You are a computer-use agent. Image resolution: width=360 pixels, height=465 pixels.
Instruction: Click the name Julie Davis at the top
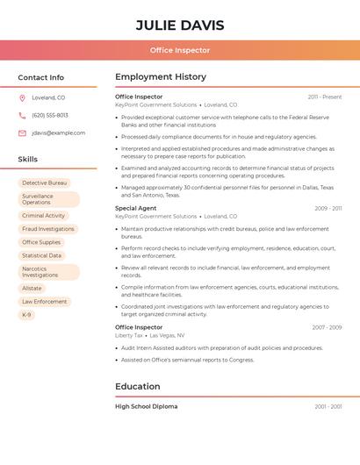tap(180, 25)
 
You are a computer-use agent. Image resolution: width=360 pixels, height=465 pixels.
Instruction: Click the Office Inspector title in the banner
tap(180, 51)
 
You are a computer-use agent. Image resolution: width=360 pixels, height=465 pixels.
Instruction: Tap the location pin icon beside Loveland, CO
tap(22, 97)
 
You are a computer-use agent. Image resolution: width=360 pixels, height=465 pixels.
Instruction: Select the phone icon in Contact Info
tap(22, 115)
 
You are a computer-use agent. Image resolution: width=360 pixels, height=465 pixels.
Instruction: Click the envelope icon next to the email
tap(22, 132)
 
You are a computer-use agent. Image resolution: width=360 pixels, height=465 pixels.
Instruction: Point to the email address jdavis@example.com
tap(59, 132)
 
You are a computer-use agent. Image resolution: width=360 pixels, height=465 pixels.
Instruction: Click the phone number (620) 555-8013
tap(50, 115)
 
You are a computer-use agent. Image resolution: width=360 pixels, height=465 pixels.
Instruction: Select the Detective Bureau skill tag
tap(45, 182)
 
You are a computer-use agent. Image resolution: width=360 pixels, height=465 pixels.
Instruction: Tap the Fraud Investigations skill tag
tap(48, 229)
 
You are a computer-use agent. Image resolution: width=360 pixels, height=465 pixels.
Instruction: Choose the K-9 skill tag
tap(26, 315)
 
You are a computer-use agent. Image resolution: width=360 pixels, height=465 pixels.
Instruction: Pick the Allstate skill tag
tap(32, 288)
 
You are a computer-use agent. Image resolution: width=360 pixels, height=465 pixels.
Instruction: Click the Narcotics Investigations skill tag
tap(40, 272)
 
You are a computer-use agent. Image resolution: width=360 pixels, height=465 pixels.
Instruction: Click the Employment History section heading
tap(161, 77)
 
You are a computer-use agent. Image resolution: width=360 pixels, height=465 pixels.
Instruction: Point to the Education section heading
tap(138, 386)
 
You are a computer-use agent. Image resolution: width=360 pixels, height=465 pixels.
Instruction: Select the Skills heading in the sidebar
tap(28, 160)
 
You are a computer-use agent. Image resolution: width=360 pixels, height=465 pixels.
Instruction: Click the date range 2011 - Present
tap(325, 97)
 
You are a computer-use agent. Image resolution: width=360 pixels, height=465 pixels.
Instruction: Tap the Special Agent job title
tap(136, 208)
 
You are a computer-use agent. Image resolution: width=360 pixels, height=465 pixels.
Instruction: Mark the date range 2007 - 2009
tap(327, 327)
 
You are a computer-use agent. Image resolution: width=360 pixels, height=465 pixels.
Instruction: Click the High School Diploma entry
tap(147, 406)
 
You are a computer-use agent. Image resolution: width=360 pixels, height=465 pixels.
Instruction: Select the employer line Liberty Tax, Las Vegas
tap(150, 335)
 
